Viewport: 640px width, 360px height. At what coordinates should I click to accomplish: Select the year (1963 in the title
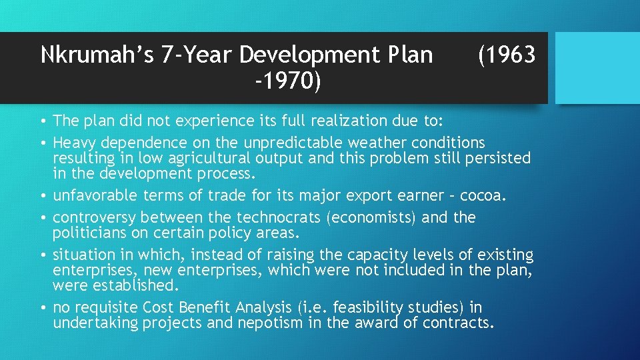(x=506, y=55)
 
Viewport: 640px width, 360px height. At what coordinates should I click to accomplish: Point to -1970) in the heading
(x=288, y=81)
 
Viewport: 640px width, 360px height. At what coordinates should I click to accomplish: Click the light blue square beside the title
(x=597, y=67)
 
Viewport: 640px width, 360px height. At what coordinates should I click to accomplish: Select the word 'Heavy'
(x=74, y=143)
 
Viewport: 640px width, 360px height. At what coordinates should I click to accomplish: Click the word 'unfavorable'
(x=94, y=195)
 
